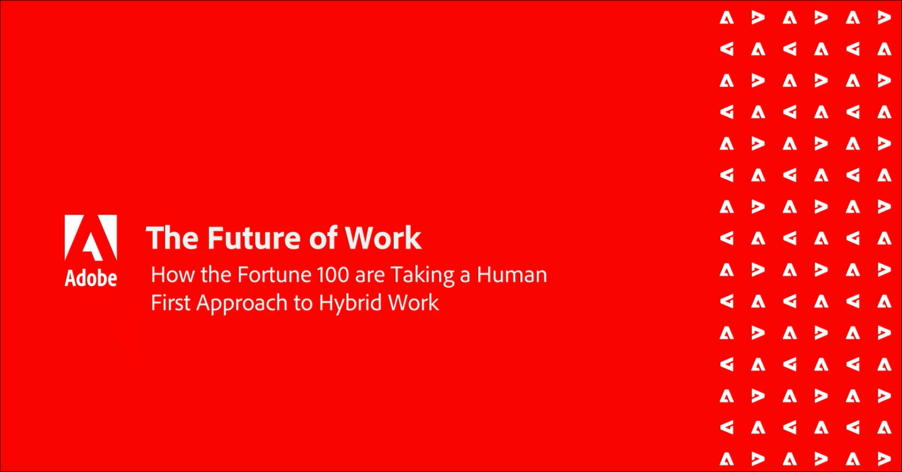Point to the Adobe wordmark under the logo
(x=91, y=278)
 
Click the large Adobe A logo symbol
(x=91, y=237)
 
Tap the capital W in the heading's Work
(x=361, y=238)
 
